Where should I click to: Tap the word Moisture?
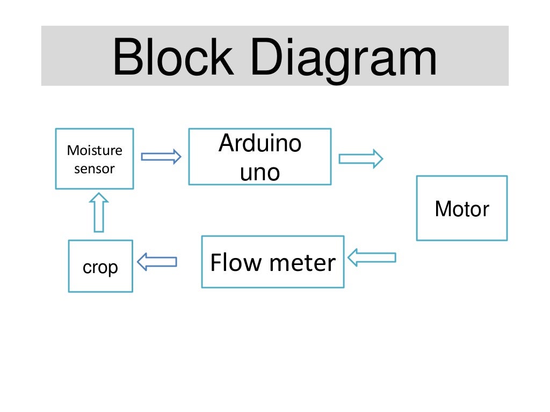pyautogui.click(x=95, y=150)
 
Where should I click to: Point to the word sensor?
pyautogui.click(x=95, y=169)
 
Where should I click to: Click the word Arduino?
pyautogui.click(x=259, y=144)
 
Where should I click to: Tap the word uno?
pyautogui.click(x=259, y=173)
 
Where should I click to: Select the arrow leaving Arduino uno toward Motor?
pyautogui.click(x=360, y=159)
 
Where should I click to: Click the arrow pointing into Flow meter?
pyautogui.click(x=372, y=257)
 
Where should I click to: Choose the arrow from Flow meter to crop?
pyautogui.click(x=157, y=262)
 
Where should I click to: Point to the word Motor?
pyautogui.click(x=461, y=209)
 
